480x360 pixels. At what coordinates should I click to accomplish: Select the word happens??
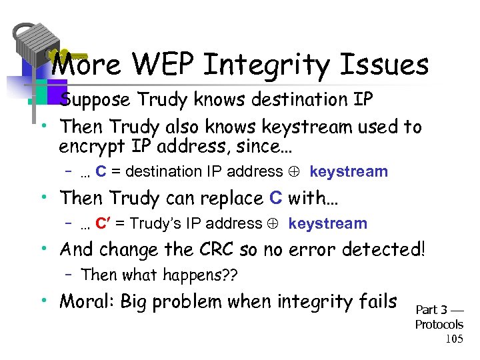(206, 274)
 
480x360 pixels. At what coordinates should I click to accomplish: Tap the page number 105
(453, 339)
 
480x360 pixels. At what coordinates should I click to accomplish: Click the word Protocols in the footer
(439, 325)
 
